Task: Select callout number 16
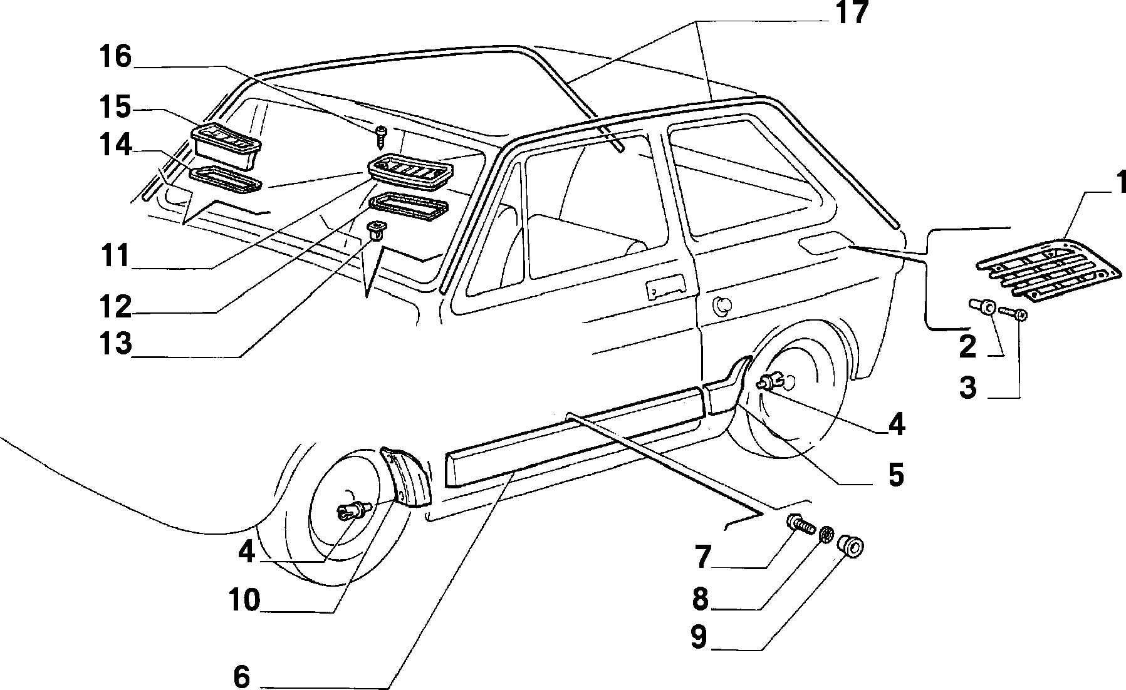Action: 115,57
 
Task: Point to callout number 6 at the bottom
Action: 241,677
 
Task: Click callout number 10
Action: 243,601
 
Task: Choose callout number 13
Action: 115,344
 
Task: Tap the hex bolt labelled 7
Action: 800,525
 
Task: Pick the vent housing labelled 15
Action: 226,146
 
